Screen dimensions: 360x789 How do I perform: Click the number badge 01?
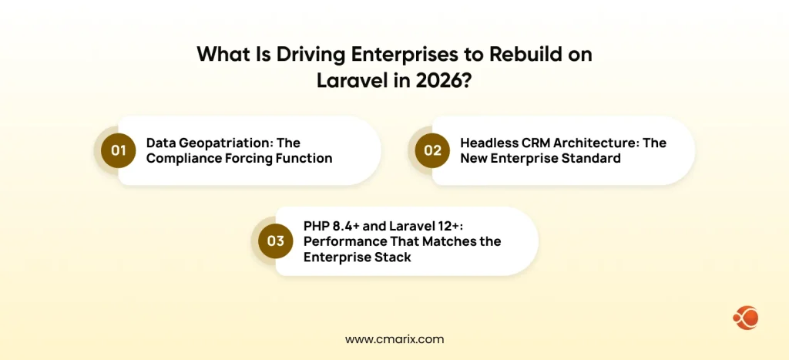coord(118,150)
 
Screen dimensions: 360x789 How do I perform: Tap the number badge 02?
coord(432,150)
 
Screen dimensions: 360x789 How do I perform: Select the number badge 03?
coord(276,241)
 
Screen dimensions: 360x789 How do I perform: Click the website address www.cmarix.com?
coord(394,338)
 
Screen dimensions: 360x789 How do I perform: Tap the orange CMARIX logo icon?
coord(746,317)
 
